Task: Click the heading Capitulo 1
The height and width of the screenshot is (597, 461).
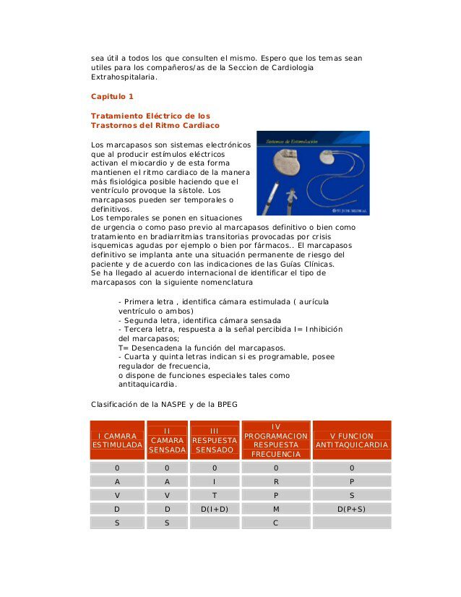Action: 112,96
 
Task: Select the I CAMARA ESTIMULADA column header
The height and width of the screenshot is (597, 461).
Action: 117,440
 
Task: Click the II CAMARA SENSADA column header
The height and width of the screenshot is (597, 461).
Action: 167,440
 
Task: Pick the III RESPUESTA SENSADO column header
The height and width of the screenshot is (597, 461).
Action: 215,440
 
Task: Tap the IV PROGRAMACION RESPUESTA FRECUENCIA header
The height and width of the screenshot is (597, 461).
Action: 276,440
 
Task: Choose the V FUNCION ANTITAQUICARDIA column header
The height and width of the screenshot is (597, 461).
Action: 352,440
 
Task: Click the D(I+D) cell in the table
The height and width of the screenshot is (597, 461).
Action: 215,508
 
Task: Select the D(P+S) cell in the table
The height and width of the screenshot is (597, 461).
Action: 352,508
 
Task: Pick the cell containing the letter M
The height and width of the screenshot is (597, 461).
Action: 276,508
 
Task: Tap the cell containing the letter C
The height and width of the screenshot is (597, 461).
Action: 276,522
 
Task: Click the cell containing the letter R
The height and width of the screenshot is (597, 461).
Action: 276,481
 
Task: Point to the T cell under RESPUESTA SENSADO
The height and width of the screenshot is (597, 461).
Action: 215,494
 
